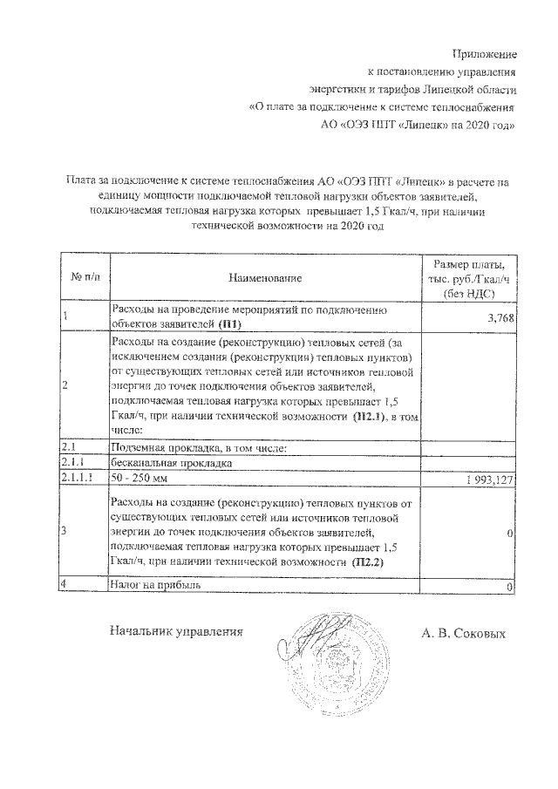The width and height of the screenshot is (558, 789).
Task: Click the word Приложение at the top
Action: click(486, 54)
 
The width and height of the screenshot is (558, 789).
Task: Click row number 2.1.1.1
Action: click(78, 479)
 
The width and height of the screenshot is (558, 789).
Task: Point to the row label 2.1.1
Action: click(73, 464)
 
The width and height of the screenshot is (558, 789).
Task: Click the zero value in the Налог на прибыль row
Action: click(511, 587)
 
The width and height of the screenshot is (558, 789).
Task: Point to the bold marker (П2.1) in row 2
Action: click(369, 418)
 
